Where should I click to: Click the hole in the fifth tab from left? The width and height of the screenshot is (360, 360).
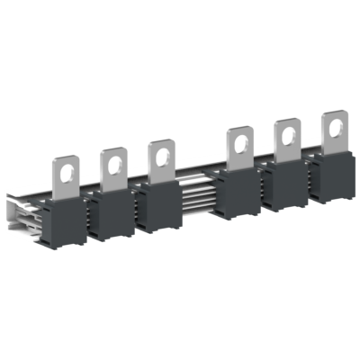[x=287, y=135]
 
